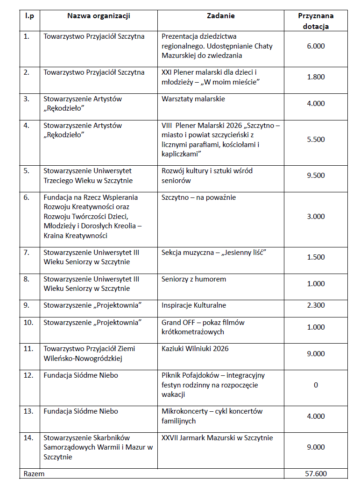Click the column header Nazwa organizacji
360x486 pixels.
(x=99, y=16)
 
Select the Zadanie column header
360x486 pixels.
(x=220, y=16)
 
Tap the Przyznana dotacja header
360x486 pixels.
(x=316, y=21)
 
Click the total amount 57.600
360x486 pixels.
(x=316, y=473)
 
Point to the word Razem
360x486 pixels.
(x=34, y=473)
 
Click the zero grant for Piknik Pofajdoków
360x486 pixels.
(x=316, y=385)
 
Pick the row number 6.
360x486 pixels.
(x=27, y=197)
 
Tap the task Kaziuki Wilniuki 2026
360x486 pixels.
(x=195, y=349)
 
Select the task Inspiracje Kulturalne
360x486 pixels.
(x=194, y=305)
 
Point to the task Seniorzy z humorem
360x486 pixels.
(x=194, y=279)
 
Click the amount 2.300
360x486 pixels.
(x=316, y=305)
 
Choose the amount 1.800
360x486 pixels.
(x=316, y=77)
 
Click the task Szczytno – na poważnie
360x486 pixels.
(x=199, y=197)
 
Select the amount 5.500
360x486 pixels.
(x=316, y=140)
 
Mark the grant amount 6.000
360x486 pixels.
(x=316, y=46)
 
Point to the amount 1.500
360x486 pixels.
(x=316, y=257)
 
